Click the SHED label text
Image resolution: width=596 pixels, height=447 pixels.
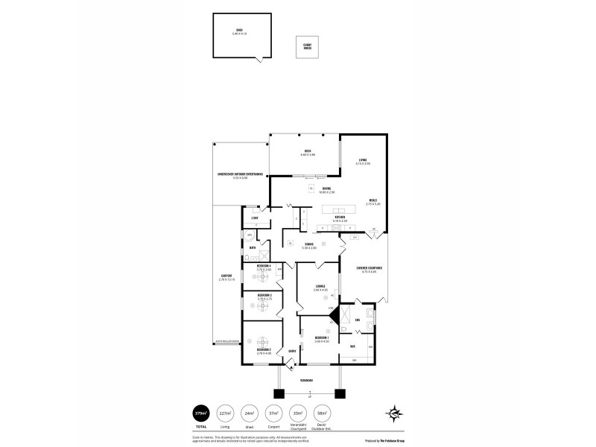238,31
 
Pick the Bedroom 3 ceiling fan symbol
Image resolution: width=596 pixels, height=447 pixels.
263,303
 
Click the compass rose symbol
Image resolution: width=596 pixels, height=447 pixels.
396,413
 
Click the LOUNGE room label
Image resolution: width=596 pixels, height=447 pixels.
320,287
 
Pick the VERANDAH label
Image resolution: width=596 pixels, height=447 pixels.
306,380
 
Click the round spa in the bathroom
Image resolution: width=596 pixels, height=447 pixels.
248,235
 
